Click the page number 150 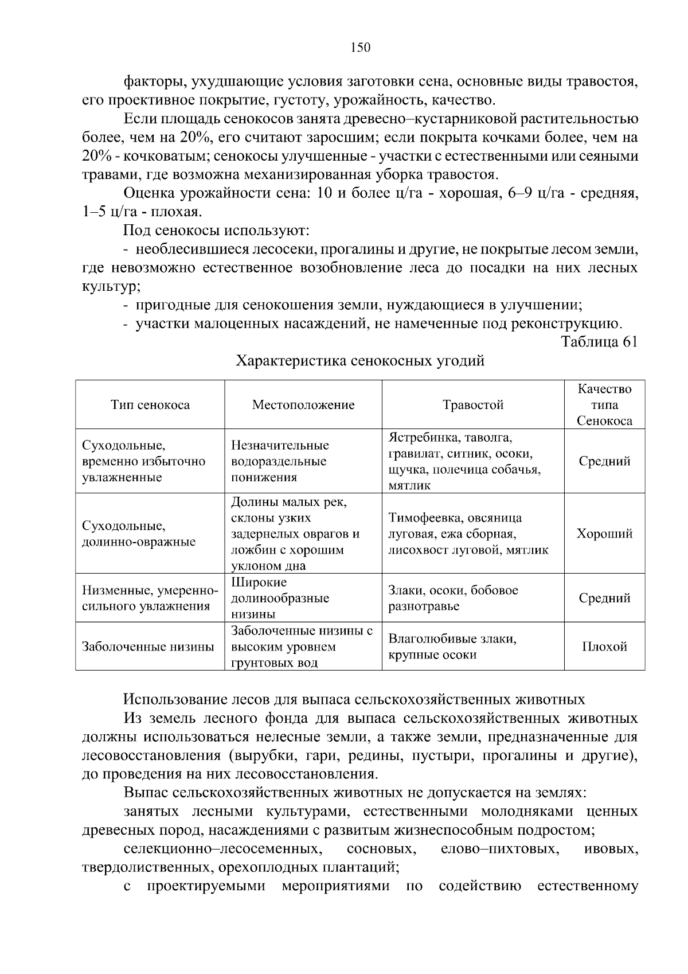[x=361, y=48]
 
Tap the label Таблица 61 [x=599, y=342]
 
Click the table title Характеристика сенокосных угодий [x=361, y=361]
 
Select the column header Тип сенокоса [x=150, y=405]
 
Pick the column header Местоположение [x=303, y=405]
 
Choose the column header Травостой [x=473, y=405]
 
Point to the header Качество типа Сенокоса [x=604, y=405]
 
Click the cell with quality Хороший [x=604, y=534]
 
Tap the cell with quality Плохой [x=604, y=647]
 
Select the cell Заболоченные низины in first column [x=148, y=647]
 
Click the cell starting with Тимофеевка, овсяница [x=468, y=534]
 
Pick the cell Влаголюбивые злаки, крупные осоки [x=452, y=647]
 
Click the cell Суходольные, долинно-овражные [x=139, y=534]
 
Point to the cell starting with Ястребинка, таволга [x=464, y=461]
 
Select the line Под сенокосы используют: [x=216, y=231]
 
